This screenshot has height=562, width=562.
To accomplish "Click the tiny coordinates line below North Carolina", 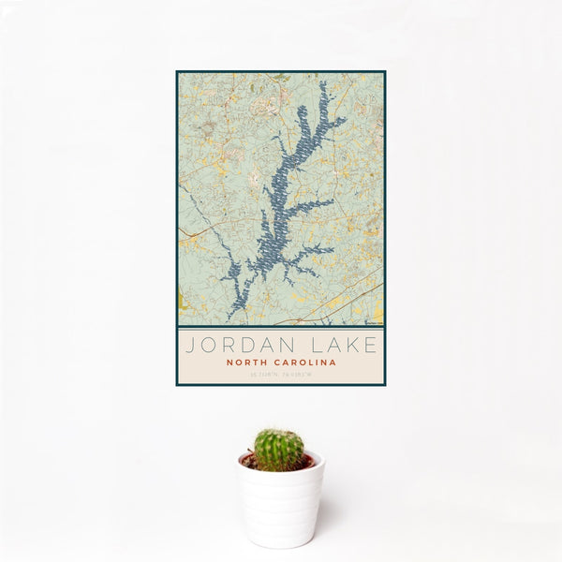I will [x=280, y=375].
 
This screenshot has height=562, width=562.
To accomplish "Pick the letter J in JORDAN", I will [x=189, y=345].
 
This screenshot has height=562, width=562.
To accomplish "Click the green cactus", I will [x=279, y=450].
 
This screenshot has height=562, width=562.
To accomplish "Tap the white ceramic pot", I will [x=280, y=506].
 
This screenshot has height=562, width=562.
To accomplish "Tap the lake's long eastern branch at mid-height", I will [x=314, y=204].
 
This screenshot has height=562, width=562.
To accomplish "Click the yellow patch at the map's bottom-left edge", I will [x=181, y=302].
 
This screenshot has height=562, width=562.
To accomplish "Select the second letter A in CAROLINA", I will [x=333, y=362].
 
